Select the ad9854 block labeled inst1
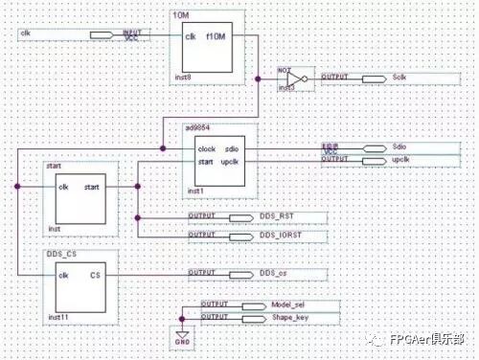(221, 158)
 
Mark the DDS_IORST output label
(280, 236)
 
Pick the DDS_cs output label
(274, 275)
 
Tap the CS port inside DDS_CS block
(95, 275)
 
